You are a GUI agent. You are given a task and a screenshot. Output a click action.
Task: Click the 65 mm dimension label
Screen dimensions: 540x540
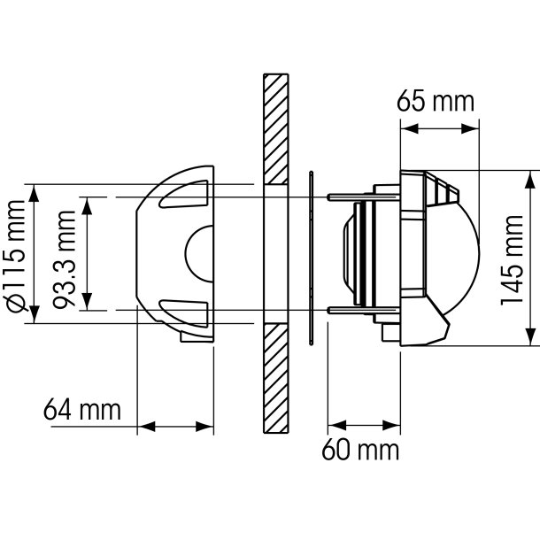[x=436, y=101]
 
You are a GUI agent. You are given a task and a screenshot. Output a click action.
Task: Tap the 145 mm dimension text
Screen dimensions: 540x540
[x=512, y=260]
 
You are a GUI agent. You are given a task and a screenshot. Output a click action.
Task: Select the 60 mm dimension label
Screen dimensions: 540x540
[x=360, y=450]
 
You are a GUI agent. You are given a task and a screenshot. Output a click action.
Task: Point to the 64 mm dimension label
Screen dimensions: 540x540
[x=82, y=409]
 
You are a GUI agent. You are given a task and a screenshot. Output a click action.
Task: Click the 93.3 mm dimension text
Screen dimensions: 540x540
[x=65, y=259]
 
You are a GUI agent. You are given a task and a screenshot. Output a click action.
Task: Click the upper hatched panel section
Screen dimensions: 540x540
[x=275, y=129]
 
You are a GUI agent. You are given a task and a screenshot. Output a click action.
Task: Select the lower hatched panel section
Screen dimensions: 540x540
[x=275, y=378]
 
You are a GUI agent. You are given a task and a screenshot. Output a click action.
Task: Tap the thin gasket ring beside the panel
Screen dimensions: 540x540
[x=312, y=258]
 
